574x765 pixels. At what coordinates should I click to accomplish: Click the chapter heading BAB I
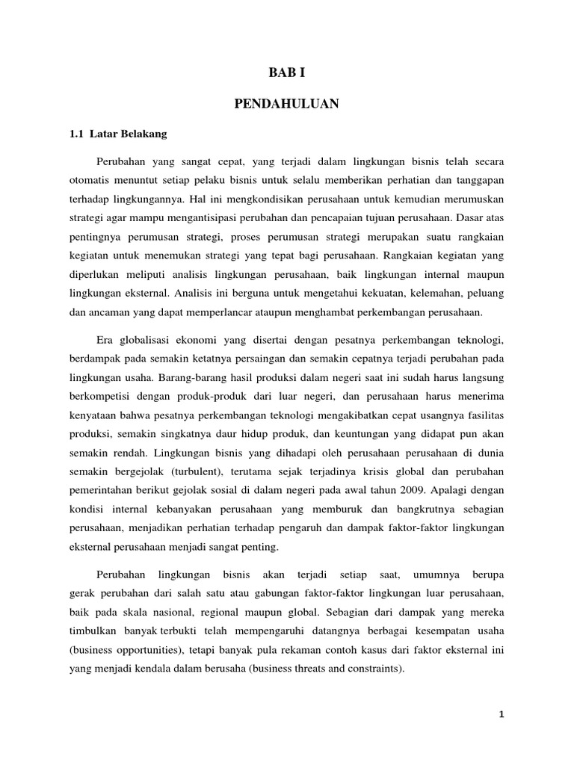coord(287,72)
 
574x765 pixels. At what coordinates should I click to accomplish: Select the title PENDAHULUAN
coord(287,105)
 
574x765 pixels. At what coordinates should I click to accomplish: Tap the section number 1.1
coord(75,134)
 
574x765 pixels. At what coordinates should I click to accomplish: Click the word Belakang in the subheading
coord(145,134)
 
